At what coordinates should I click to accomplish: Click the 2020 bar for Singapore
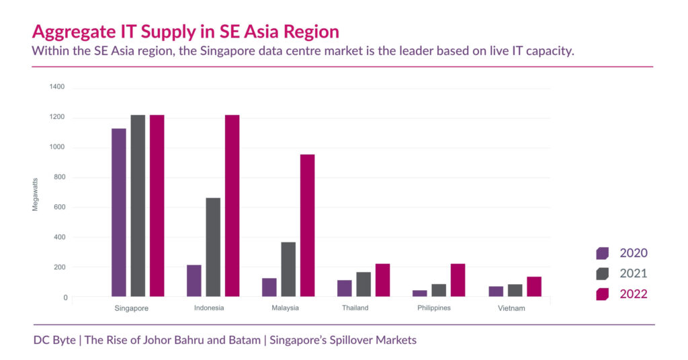tap(119, 212)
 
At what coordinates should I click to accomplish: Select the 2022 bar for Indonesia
tap(232, 206)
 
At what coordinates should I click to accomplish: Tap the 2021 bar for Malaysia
tap(288, 269)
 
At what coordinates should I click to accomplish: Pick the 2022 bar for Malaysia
tap(307, 225)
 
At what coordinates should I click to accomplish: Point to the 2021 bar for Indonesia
tap(213, 246)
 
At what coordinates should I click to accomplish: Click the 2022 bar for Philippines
tap(458, 279)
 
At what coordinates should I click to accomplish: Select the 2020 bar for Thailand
tap(345, 287)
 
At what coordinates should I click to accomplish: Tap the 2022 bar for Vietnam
tap(534, 286)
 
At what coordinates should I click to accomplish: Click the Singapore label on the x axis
tap(132, 308)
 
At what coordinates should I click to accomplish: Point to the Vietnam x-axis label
tap(512, 308)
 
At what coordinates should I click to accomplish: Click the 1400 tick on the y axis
tap(57, 87)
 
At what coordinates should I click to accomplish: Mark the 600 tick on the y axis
tap(59, 208)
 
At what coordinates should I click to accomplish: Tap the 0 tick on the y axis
tap(65, 298)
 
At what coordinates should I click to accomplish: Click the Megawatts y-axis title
tap(36, 193)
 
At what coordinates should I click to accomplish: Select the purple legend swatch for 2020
tap(602, 253)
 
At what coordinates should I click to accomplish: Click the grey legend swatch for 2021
tap(602, 273)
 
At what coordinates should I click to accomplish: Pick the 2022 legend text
tap(634, 294)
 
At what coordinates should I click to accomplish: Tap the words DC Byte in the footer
tap(54, 340)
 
